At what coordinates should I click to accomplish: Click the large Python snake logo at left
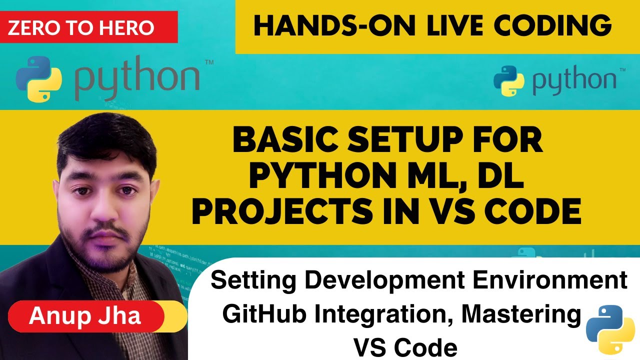point(39,79)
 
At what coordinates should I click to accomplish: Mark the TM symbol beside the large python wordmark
point(208,63)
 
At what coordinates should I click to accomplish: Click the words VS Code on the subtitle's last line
point(405,346)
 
